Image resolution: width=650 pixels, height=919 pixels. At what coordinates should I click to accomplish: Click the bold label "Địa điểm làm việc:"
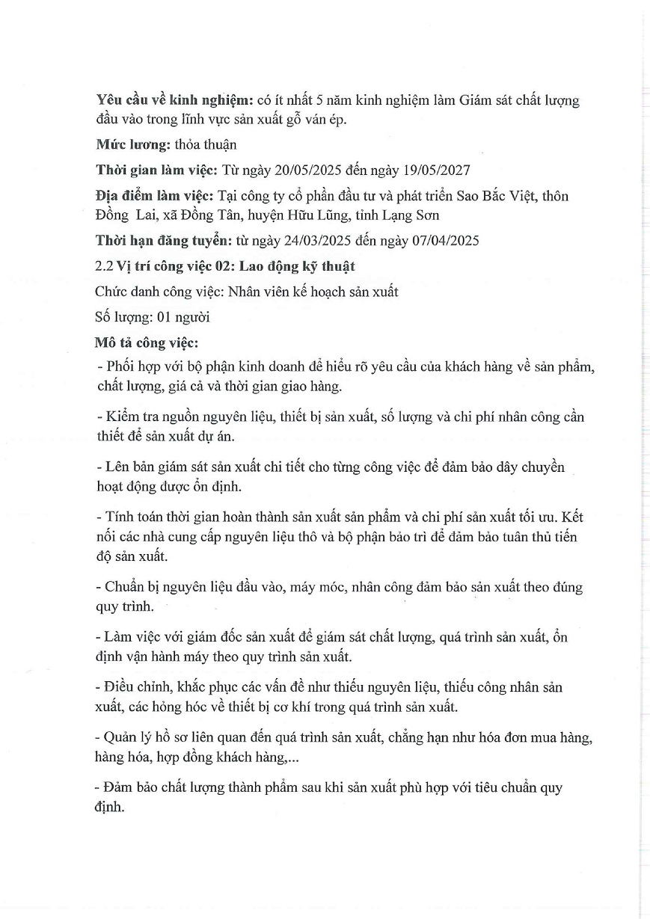click(x=154, y=197)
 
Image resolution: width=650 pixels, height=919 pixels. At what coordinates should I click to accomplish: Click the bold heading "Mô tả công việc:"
click(x=147, y=342)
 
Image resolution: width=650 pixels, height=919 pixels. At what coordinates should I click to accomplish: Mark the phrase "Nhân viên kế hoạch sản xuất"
click(x=313, y=292)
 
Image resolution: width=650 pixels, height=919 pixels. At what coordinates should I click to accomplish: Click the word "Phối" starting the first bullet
click(x=117, y=368)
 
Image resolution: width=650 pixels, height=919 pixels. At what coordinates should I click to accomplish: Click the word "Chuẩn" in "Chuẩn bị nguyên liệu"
click(x=123, y=587)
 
